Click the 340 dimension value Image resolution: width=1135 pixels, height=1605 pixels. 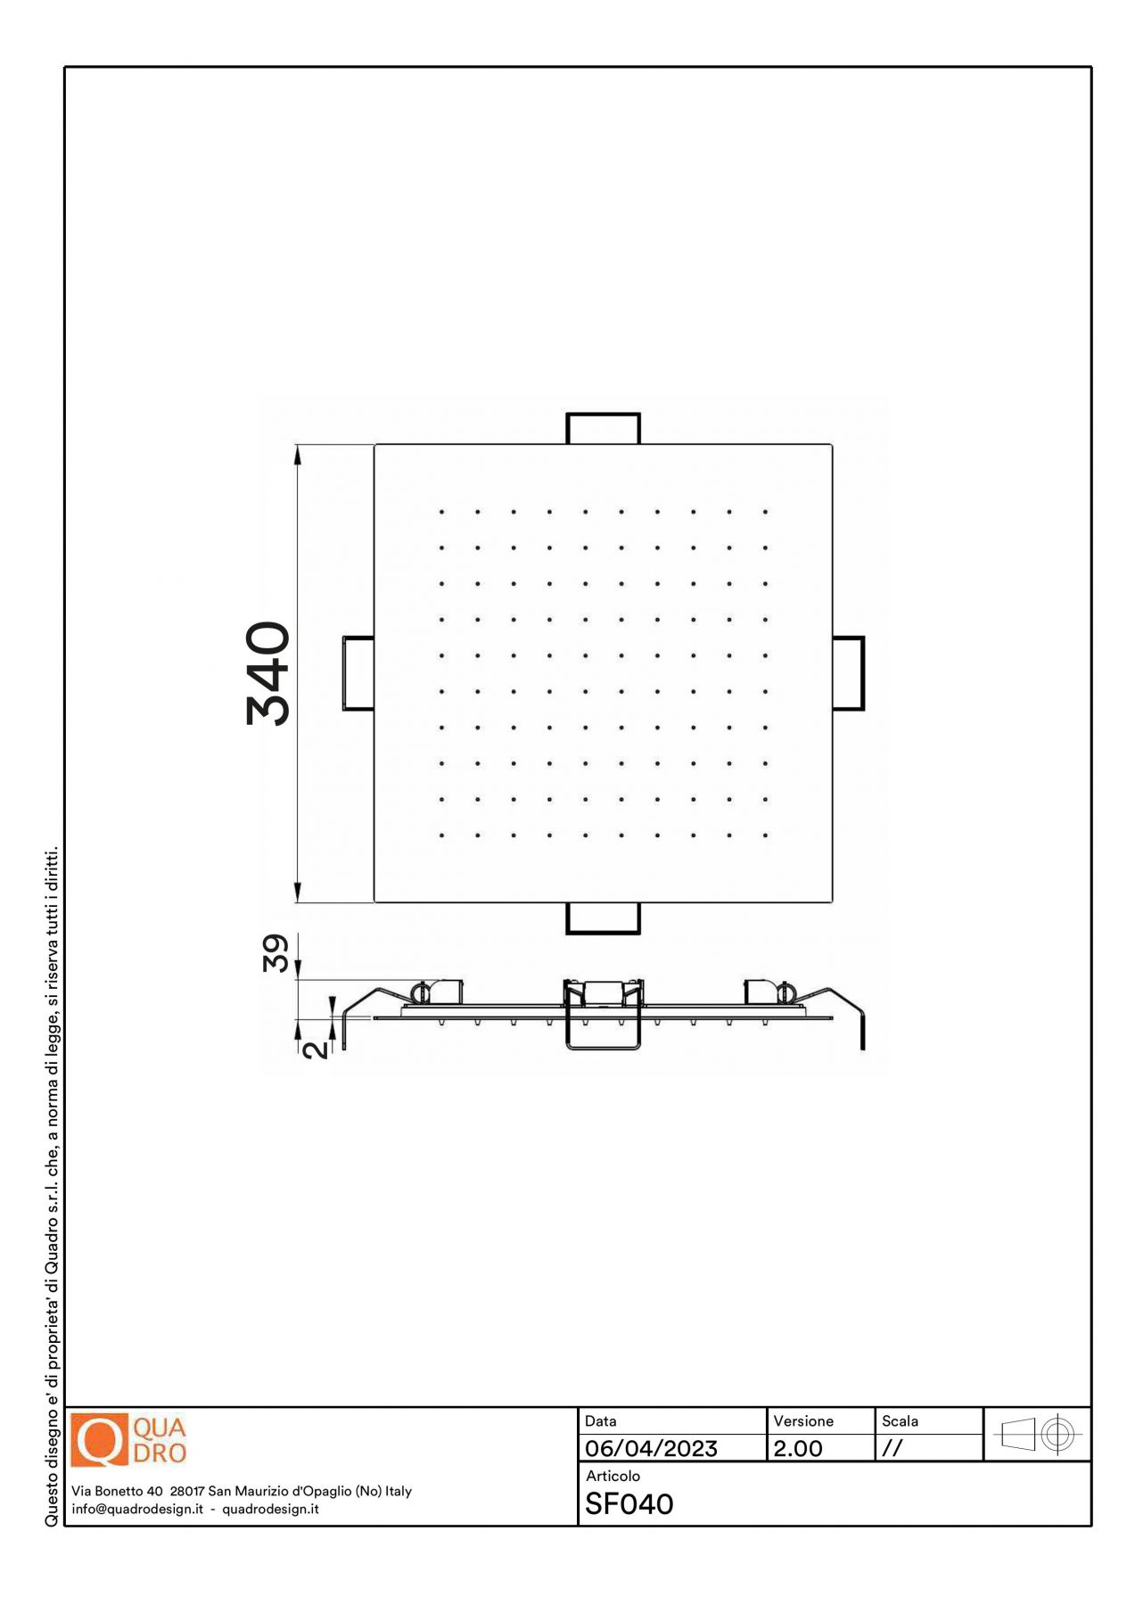pos(267,674)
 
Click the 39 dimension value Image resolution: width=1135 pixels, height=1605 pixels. pos(276,952)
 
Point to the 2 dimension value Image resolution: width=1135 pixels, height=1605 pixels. pos(316,1049)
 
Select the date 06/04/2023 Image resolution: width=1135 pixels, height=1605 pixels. pos(651,1448)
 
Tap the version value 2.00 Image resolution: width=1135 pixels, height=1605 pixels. pos(798,1448)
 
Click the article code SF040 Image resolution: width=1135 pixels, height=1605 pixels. pos(629,1504)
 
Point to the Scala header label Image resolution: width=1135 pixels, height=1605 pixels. pos(900,1420)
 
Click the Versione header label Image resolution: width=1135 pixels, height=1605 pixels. pos(803,1420)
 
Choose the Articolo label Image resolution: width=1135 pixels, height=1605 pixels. pos(613,1476)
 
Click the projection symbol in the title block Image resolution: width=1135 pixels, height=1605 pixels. pos(1037,1435)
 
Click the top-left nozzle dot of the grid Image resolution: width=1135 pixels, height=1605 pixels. pos(441,512)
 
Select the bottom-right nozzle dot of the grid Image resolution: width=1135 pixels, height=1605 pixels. pos(765,835)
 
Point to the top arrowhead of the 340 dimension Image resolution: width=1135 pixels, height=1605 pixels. pos(298,455)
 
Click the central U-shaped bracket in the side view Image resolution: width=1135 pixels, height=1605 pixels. pos(604,1048)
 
